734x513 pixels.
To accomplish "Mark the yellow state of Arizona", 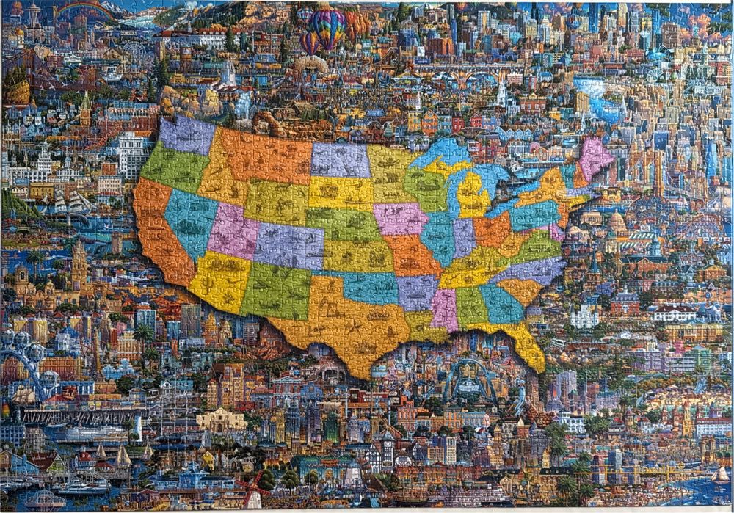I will [219, 280].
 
